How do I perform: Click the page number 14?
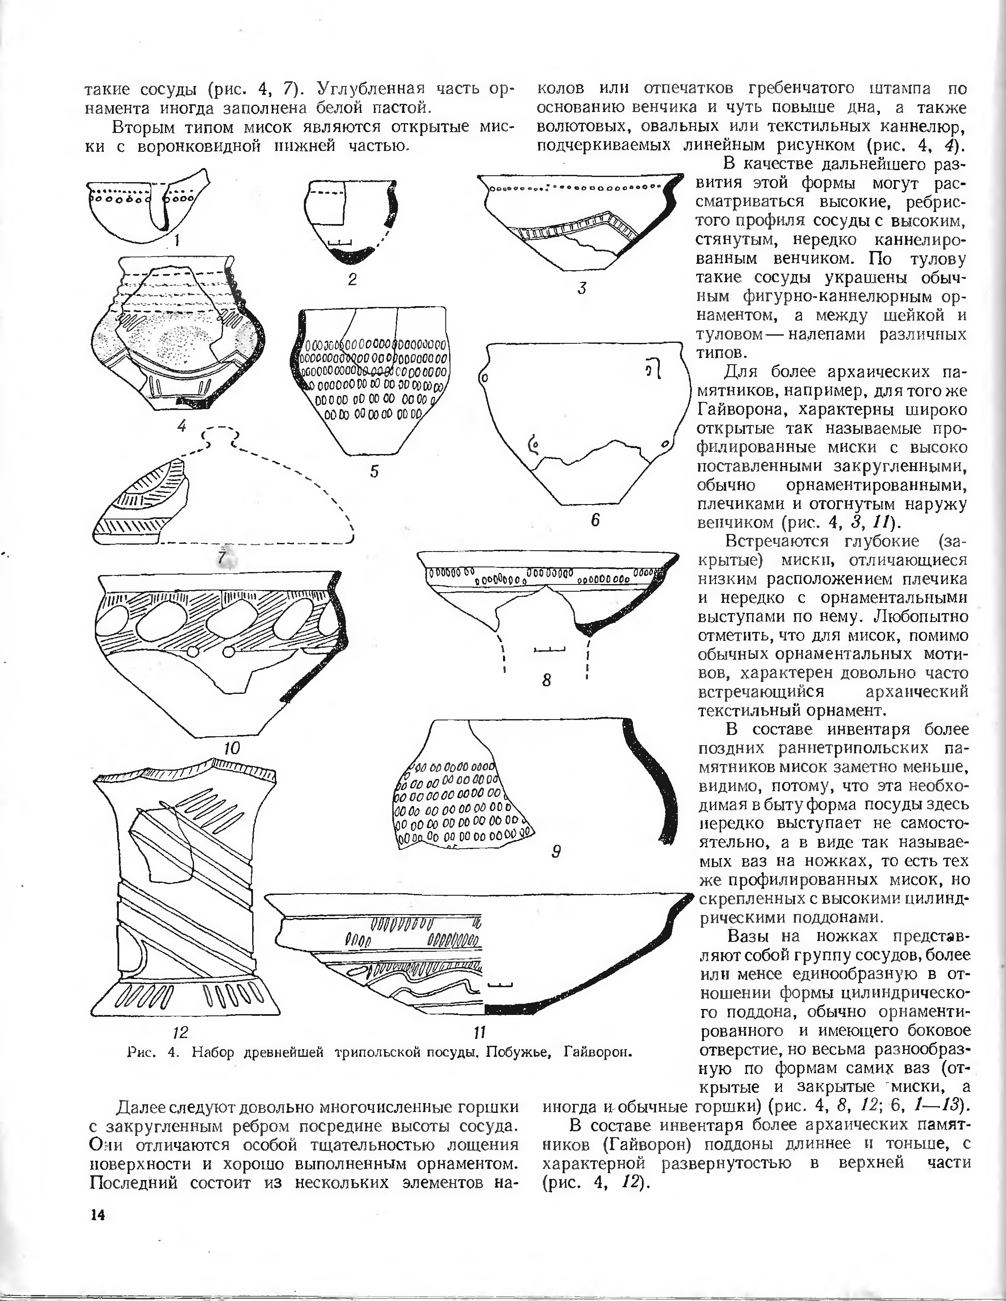pyautogui.click(x=97, y=1216)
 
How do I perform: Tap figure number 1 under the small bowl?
pyautogui.click(x=177, y=240)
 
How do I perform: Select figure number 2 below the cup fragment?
pyautogui.click(x=353, y=279)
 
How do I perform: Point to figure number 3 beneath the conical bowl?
pyautogui.click(x=582, y=288)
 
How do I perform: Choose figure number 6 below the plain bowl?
pyautogui.click(x=594, y=519)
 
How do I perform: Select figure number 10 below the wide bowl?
pyautogui.click(x=232, y=748)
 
